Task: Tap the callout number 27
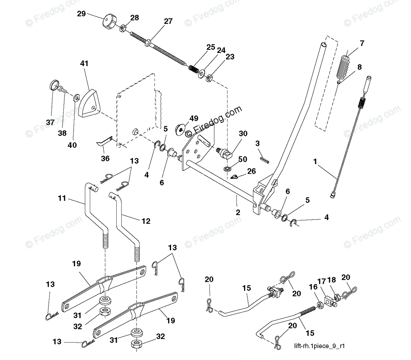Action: pyautogui.click(x=168, y=21)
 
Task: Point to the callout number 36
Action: pyautogui.click(x=105, y=159)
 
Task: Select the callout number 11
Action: pyautogui.click(x=62, y=198)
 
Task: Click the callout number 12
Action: pyautogui.click(x=146, y=221)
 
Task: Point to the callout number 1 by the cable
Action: pyautogui.click(x=315, y=162)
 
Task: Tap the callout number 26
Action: pyautogui.click(x=251, y=171)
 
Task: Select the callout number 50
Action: pyautogui.click(x=242, y=159)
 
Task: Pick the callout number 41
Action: pyautogui.click(x=84, y=64)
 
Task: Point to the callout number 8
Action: pyautogui.click(x=359, y=67)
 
